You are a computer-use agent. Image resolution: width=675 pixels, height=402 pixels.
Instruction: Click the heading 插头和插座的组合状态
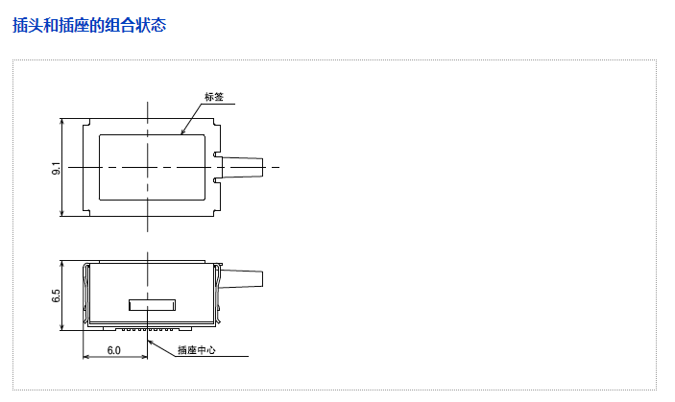(x=89, y=25)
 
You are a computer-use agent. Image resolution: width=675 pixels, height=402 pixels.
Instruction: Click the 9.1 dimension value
(x=56, y=168)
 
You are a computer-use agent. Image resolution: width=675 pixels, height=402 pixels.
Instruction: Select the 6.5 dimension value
(x=56, y=296)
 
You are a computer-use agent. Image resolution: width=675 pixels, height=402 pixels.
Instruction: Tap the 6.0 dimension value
(x=113, y=350)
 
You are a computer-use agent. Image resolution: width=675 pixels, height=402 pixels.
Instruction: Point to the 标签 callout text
(x=214, y=97)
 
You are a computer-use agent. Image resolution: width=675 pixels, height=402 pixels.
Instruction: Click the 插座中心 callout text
(x=197, y=350)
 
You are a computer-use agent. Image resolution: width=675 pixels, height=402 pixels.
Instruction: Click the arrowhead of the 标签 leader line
(x=182, y=132)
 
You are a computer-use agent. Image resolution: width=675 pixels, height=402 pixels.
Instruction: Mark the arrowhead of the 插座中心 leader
(x=150, y=343)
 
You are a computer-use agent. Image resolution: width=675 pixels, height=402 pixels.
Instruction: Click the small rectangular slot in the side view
(x=153, y=305)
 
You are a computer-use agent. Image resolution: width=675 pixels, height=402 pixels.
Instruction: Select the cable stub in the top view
(x=242, y=167)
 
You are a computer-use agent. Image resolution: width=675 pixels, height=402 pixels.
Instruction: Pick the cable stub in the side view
(x=242, y=278)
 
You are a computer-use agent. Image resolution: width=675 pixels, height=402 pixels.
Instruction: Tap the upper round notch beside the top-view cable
(x=216, y=154)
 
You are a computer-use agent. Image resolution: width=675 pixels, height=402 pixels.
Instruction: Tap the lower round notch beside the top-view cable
(x=216, y=180)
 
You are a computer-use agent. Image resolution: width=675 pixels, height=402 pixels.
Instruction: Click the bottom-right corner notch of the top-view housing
(x=217, y=212)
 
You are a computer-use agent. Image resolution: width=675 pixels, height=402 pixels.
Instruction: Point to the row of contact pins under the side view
(x=147, y=329)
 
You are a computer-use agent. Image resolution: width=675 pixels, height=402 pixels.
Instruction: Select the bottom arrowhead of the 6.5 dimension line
(x=62, y=327)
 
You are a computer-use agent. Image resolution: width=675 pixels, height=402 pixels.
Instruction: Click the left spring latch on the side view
(x=86, y=294)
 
